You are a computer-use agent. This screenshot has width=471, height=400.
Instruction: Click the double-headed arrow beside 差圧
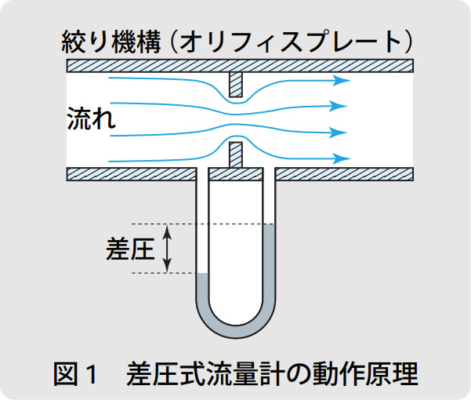click(166, 249)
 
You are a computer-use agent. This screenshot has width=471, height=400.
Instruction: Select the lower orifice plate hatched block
click(235, 155)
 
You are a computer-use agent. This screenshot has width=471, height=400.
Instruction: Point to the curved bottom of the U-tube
click(235, 329)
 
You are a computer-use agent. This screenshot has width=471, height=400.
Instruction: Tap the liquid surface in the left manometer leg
click(201, 274)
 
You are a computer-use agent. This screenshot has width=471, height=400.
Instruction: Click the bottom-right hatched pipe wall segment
click(345, 173)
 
